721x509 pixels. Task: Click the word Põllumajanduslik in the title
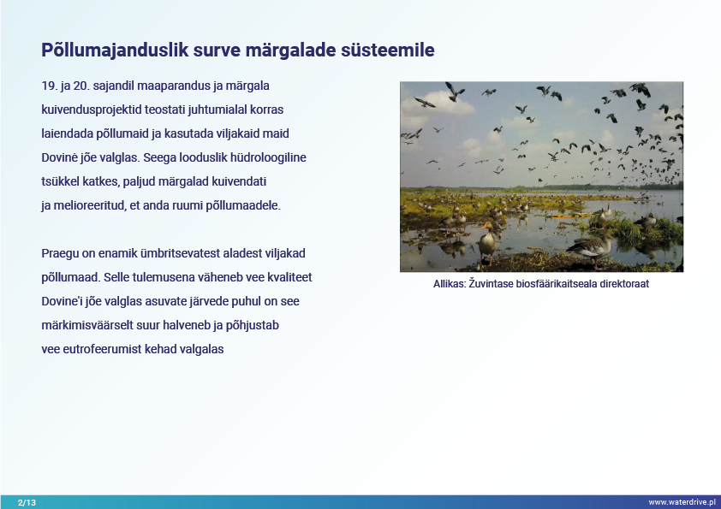click(115, 50)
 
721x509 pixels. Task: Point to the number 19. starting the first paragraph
click(49, 86)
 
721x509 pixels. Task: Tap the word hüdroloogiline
click(268, 157)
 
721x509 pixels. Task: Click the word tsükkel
click(60, 181)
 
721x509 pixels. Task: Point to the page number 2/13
click(27, 502)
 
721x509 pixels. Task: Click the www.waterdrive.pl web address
click(682, 502)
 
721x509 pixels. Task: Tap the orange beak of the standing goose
click(484, 226)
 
